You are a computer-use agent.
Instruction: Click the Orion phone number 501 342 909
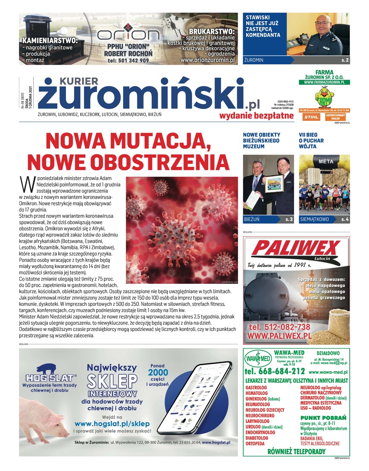pos(128,60)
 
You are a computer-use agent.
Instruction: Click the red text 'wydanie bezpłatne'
pos(256,115)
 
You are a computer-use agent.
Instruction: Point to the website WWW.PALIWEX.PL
pos(279,336)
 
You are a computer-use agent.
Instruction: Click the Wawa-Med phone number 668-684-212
pos(274,371)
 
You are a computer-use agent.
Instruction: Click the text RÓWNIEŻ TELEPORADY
pos(296,451)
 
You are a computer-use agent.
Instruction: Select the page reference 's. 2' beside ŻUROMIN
pos(345,60)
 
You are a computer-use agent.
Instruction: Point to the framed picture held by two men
pos(274,184)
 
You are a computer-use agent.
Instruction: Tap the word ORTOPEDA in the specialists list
pos(255,444)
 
